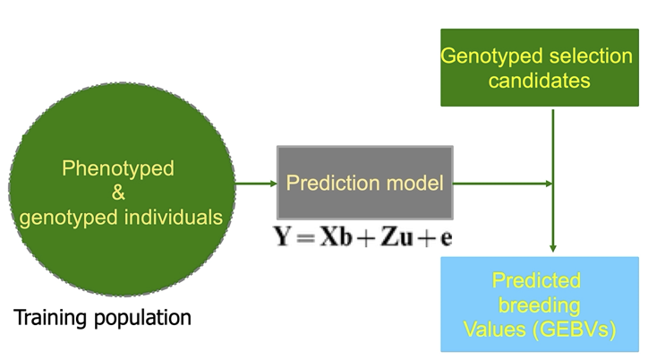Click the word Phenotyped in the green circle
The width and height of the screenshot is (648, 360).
(118, 167)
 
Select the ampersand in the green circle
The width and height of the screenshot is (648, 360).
(118, 192)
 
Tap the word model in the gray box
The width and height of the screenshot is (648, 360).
(418, 184)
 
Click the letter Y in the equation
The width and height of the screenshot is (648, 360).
(283, 238)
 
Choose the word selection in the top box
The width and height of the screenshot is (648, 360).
(593, 56)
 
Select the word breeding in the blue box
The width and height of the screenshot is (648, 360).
(539, 305)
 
